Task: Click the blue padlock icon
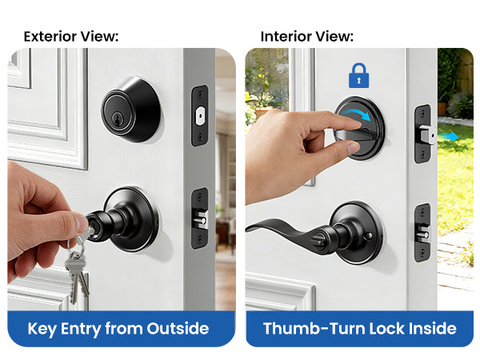coord(358,76)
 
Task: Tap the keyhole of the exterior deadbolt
coord(117,118)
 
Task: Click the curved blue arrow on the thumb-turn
coord(356,115)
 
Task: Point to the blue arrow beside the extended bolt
coord(448,137)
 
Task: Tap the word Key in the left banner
coord(42,330)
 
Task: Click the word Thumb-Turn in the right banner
coord(314,329)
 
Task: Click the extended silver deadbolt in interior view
coord(428,134)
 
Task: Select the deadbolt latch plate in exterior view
coord(200,116)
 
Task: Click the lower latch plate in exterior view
coord(200,218)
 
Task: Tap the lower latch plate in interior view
coord(422,233)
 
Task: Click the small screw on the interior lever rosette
coord(369,236)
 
